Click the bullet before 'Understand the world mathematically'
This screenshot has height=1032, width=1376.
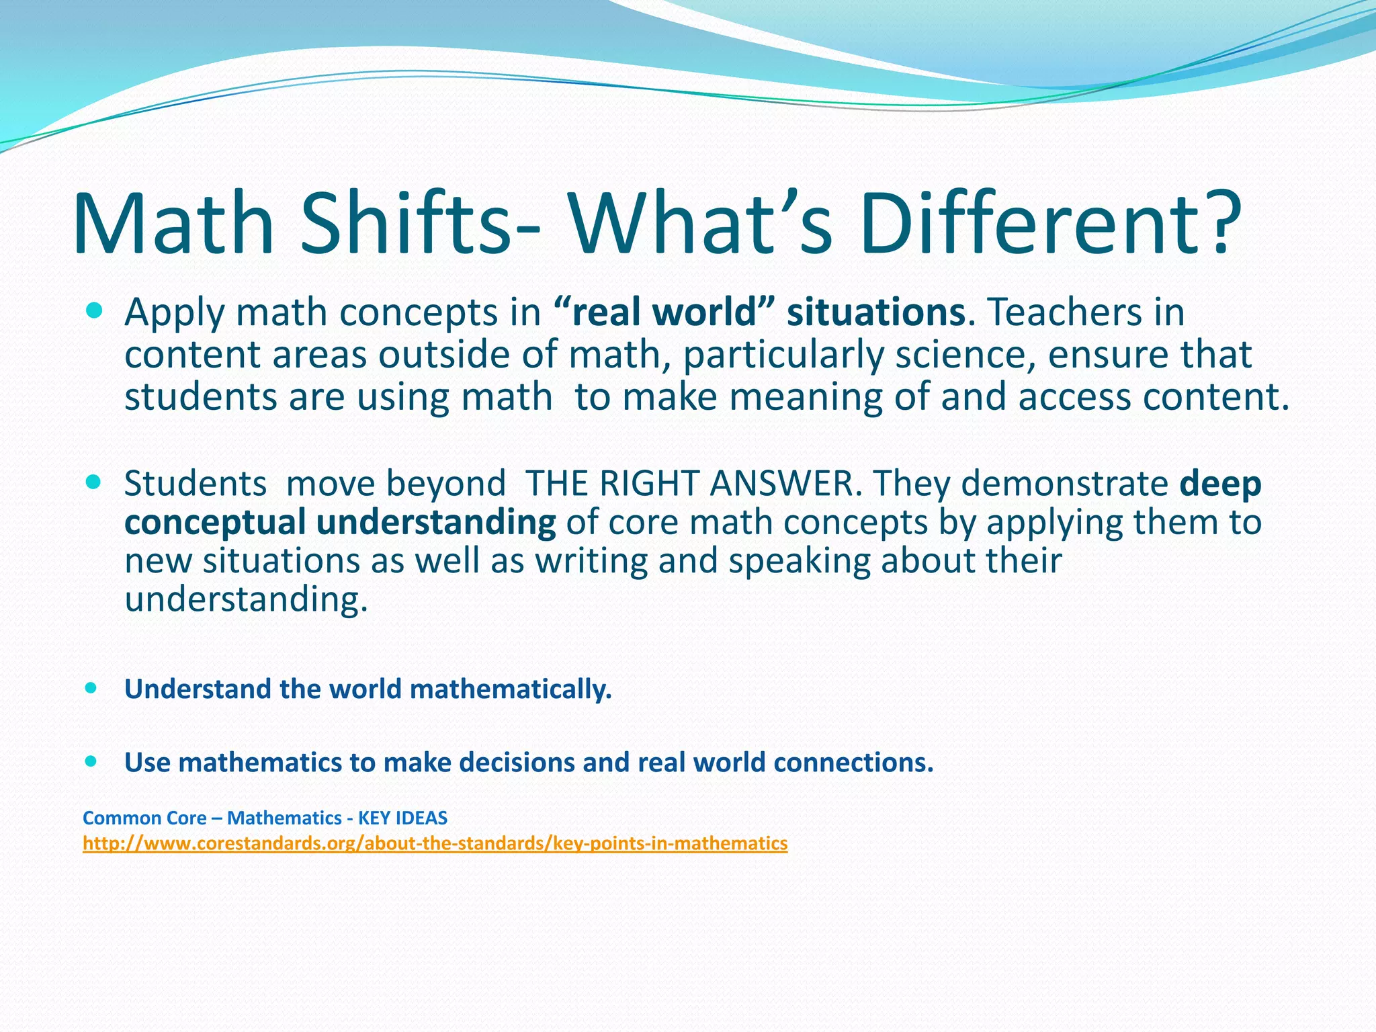(91, 688)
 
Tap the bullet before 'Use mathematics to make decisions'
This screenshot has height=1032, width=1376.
(91, 761)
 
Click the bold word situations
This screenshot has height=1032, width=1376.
(876, 312)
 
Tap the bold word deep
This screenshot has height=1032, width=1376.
(1220, 484)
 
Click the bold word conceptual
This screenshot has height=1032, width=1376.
(215, 523)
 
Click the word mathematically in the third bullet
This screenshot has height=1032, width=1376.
(510, 689)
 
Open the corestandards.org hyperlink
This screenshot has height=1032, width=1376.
(435, 843)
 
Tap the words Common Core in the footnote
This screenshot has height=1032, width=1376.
(144, 818)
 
